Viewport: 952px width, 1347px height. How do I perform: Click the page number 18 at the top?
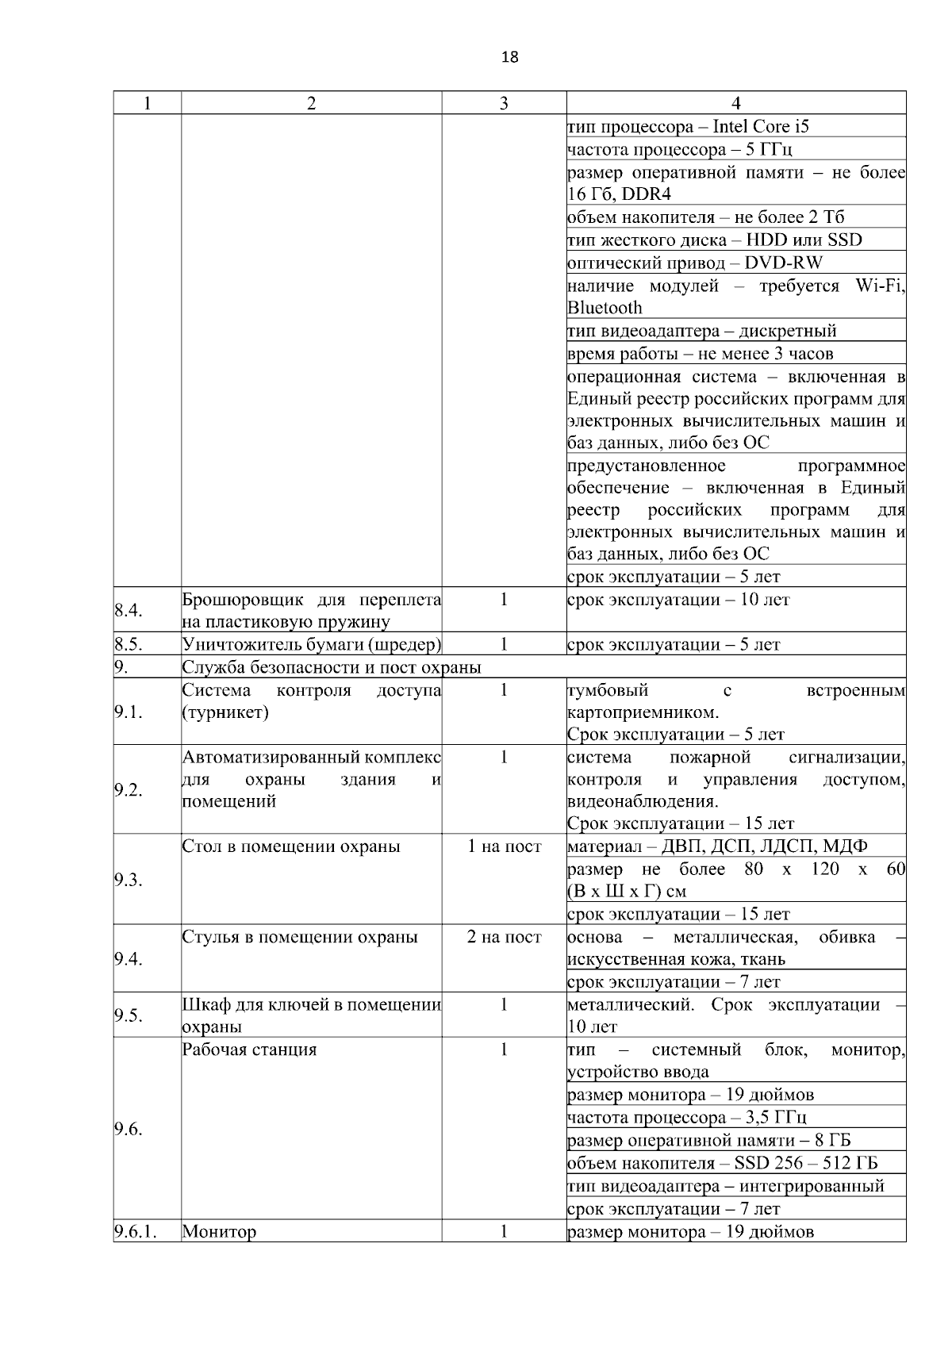tap(510, 57)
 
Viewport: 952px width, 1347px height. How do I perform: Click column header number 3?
tap(504, 103)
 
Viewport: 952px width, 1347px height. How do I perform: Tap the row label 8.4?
tap(128, 610)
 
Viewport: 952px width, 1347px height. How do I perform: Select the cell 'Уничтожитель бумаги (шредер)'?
tap(311, 644)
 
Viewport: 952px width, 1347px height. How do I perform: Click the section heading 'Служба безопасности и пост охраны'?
tap(332, 667)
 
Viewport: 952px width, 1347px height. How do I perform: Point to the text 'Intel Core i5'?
tap(761, 126)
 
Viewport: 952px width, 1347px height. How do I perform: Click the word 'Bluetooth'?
tap(605, 308)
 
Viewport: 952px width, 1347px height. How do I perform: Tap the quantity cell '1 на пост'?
tap(504, 846)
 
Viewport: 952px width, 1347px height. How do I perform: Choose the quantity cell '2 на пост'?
tap(504, 937)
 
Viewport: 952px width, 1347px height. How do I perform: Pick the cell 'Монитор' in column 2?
tap(219, 1232)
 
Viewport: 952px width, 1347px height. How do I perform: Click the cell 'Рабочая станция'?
tap(249, 1050)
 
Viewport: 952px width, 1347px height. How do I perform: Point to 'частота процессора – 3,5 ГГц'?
tap(687, 1118)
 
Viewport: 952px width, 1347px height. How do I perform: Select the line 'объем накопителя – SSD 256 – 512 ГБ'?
tap(722, 1164)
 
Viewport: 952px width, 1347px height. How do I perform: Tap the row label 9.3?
tap(128, 880)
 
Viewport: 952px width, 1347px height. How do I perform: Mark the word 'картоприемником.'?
tap(643, 712)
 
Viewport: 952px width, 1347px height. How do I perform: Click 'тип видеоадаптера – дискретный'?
tap(701, 331)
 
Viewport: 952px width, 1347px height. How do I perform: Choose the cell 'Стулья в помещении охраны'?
tap(300, 937)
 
